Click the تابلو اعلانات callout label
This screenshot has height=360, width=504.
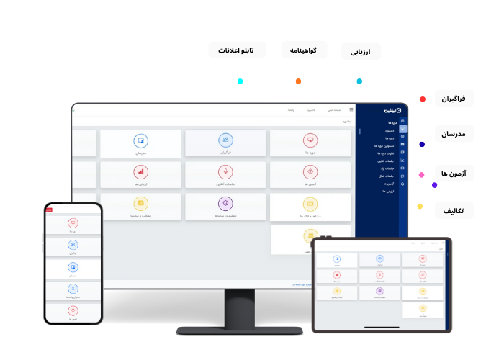(236, 50)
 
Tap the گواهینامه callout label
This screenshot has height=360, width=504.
(304, 50)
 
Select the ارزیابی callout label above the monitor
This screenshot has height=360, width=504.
(361, 52)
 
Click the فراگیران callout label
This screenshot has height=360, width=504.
(454, 99)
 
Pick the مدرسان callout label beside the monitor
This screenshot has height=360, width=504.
(454, 135)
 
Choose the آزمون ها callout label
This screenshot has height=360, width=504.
(454, 174)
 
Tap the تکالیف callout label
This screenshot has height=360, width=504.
(454, 210)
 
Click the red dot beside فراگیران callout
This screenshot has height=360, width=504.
(423, 99)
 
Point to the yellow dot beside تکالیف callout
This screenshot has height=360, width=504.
(420, 207)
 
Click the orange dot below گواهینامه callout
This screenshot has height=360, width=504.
(298, 81)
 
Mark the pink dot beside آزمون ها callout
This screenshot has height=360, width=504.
(421, 174)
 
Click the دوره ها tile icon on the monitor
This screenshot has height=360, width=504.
(310, 140)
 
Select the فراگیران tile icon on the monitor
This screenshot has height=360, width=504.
(225, 140)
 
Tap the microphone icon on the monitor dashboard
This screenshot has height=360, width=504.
(225, 171)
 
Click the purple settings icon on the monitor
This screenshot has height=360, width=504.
(225, 204)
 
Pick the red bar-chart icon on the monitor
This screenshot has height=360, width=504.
(140, 171)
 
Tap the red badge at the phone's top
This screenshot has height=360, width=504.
(49, 210)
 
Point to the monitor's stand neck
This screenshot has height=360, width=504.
(238, 308)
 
